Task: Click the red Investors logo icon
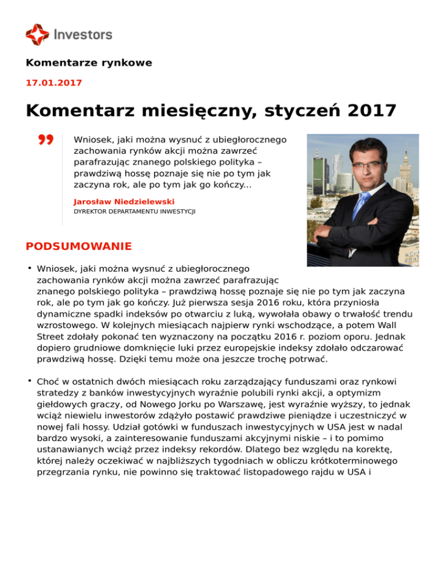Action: tap(37, 34)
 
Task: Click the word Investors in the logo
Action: tap(83, 35)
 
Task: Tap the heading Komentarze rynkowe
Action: tap(89, 63)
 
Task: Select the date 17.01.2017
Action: tap(54, 83)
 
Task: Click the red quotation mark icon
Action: tap(46, 140)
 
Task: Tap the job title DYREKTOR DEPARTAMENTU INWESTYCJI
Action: tap(134, 212)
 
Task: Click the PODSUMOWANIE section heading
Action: tap(79, 246)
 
